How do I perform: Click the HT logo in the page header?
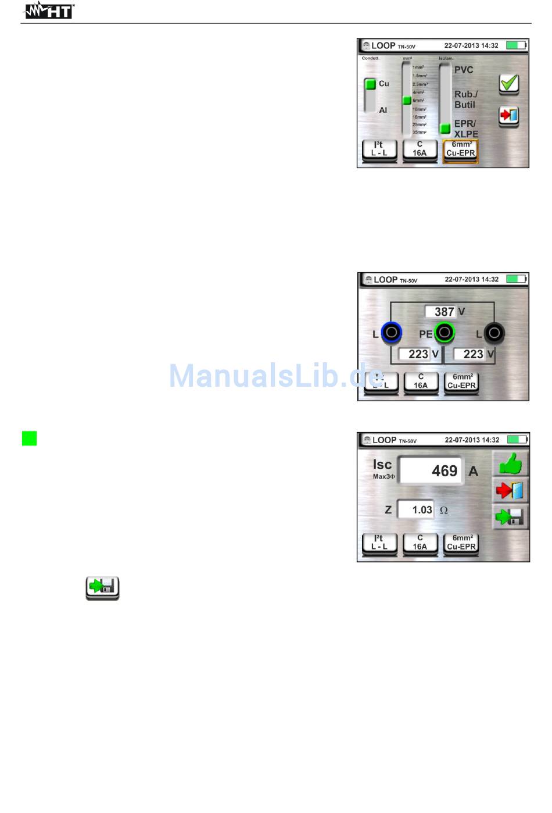(49, 10)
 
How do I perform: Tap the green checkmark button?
(508, 84)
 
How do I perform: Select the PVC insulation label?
(464, 70)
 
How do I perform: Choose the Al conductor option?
(383, 110)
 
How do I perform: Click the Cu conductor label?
(383, 84)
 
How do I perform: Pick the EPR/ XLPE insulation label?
(465, 129)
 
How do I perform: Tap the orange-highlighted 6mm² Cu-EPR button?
(460, 149)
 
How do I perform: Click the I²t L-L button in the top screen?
(379, 149)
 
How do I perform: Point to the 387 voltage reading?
(444, 312)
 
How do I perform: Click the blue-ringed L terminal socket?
(392, 333)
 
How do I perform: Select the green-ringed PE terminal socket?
(445, 333)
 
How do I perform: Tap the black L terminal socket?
(494, 333)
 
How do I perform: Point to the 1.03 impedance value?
(421, 509)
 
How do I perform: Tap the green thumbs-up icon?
(510, 464)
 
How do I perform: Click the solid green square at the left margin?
(29, 438)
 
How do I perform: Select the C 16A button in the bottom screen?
(420, 543)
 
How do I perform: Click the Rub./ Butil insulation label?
(465, 99)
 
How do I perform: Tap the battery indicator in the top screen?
(516, 45)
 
